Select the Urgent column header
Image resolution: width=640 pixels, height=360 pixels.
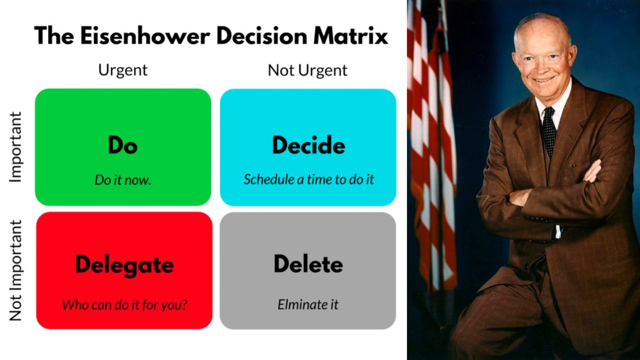tap(123, 70)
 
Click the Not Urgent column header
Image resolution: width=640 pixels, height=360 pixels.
tap(308, 70)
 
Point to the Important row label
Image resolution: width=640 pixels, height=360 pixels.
tap(16, 147)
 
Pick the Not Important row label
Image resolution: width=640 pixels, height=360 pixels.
tap(16, 270)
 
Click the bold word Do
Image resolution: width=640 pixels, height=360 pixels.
tap(123, 145)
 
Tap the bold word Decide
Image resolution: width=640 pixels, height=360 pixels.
tap(308, 145)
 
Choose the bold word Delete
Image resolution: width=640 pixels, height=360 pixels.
tap(308, 264)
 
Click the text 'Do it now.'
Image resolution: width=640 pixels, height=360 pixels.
tap(123, 180)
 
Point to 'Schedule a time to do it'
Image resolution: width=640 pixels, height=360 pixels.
tap(308, 180)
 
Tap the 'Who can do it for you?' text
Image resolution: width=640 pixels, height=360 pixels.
tap(124, 305)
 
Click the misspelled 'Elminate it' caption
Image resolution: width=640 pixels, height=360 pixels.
tap(308, 305)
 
